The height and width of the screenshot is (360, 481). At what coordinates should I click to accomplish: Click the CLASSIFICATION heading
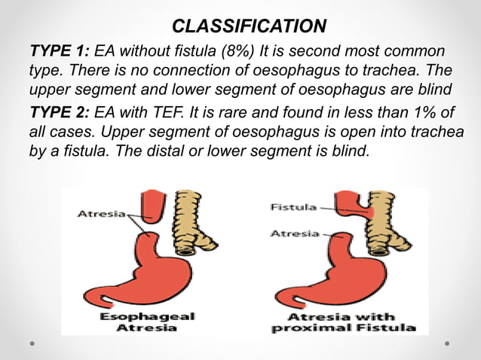tap(249, 27)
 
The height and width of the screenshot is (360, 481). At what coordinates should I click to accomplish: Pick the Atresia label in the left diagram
tap(102, 214)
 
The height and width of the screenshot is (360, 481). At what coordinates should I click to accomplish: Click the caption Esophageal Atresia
tap(148, 322)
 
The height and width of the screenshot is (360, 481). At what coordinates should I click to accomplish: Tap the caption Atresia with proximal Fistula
tap(344, 322)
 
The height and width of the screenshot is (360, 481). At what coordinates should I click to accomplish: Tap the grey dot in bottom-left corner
tap(32, 343)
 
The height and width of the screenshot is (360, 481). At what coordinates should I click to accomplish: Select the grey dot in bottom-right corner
tap(448, 343)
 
